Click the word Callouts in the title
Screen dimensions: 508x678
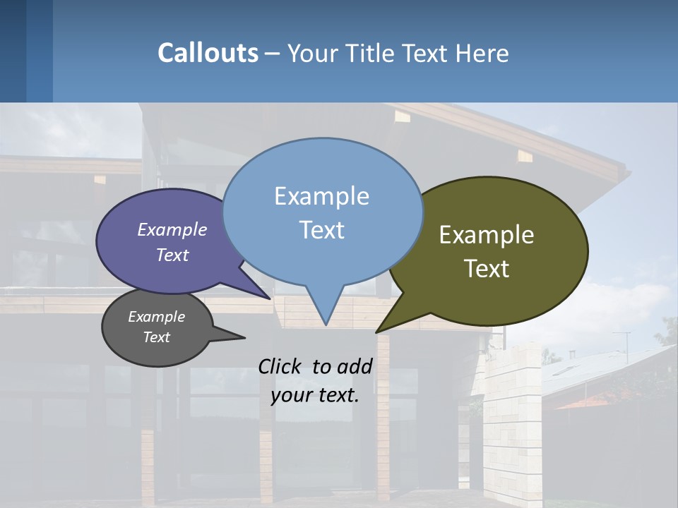208,53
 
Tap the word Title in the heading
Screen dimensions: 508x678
369,53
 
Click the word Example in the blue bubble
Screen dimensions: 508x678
322,196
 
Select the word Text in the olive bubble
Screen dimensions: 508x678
487,269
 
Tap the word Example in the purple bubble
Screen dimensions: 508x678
172,229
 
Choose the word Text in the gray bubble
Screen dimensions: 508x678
157,337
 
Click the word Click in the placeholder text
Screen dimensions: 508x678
281,366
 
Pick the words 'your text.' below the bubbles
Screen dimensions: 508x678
315,395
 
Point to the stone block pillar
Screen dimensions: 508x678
512,423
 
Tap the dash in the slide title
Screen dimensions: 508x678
273,54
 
